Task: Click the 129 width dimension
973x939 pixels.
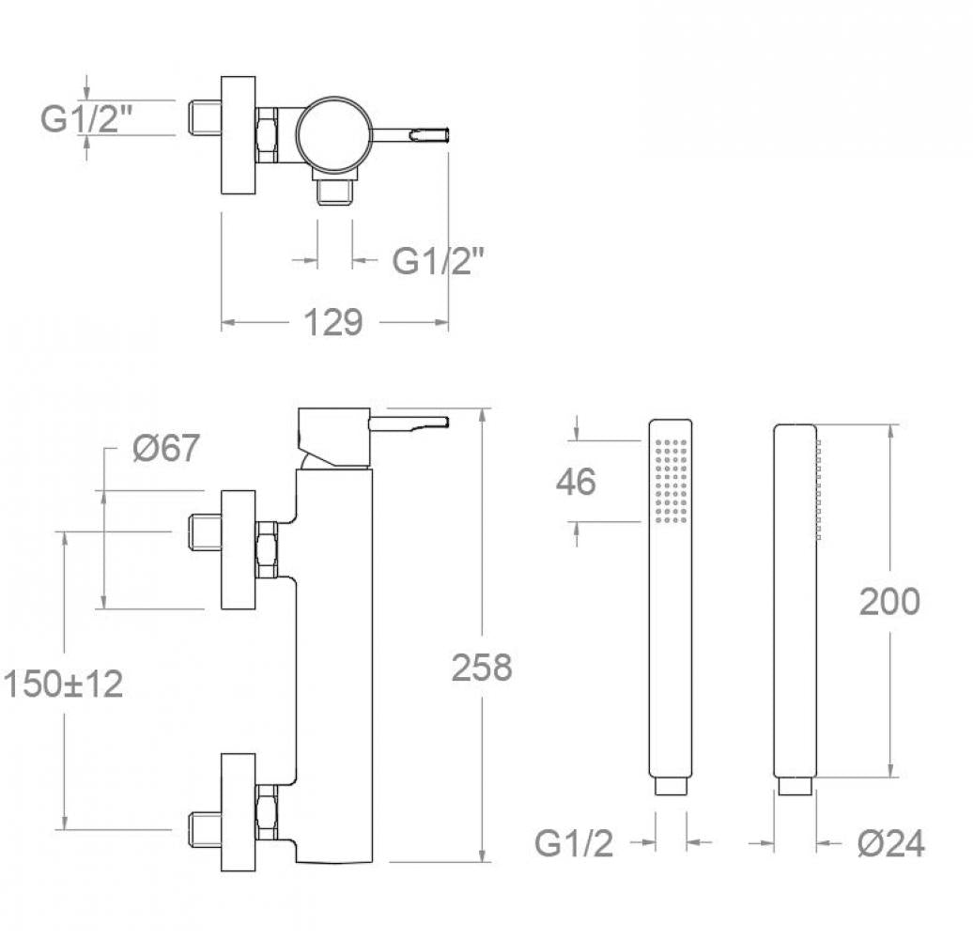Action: [332, 322]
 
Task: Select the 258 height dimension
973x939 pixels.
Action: [482, 668]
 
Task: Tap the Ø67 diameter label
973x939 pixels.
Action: [166, 447]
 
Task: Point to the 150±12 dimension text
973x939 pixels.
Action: [63, 685]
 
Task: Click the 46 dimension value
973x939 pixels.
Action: [576, 482]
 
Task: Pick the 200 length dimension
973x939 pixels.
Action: [889, 601]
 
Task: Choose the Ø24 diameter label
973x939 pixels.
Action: [891, 843]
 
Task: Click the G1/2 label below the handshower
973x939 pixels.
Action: [574, 843]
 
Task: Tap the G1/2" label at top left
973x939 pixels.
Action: [86, 117]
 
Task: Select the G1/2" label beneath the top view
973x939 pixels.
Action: [438, 260]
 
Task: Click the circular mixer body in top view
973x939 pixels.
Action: [334, 134]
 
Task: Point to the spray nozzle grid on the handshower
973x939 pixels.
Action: [671, 481]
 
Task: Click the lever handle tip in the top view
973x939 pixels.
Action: [449, 134]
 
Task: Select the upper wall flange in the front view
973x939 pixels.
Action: [239, 549]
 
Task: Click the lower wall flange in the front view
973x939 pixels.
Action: [239, 812]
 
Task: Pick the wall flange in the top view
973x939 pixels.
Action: [239, 135]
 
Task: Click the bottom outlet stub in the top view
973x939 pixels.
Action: [335, 192]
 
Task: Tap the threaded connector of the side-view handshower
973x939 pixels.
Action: [795, 786]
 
